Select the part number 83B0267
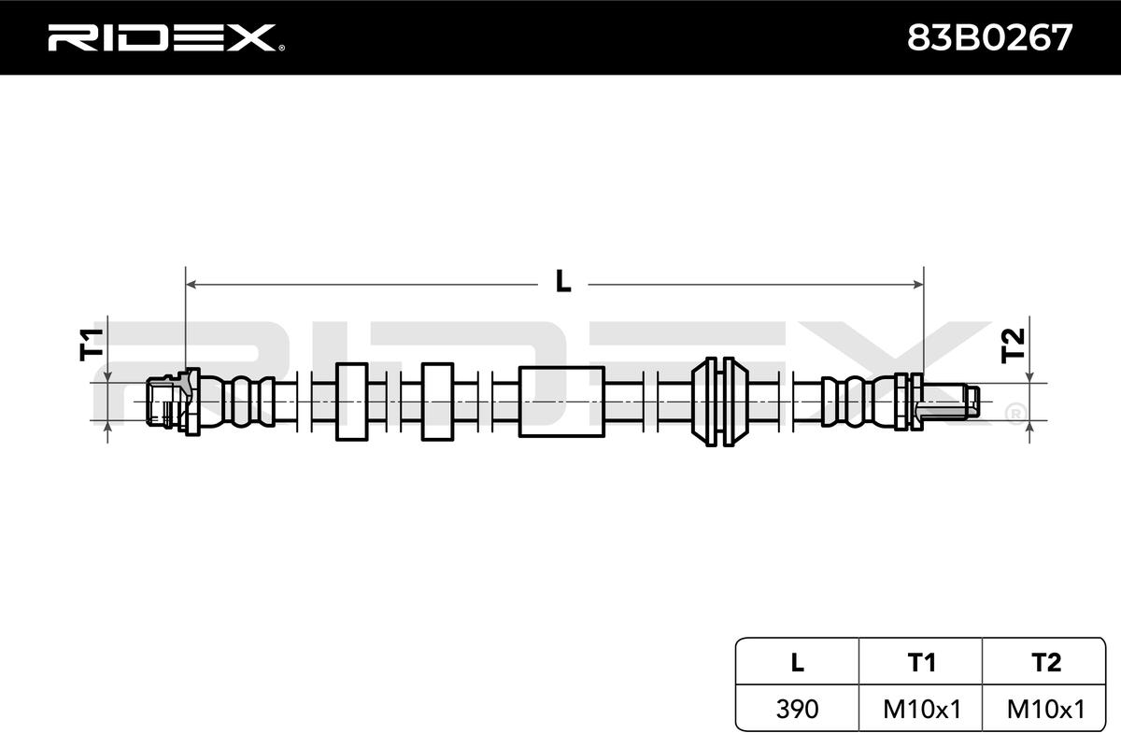[990, 38]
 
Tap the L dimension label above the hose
[563, 281]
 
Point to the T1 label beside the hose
[92, 345]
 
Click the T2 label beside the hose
[1013, 345]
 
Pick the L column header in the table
[798, 662]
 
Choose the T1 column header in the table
[921, 662]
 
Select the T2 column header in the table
[1045, 662]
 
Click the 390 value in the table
[797, 709]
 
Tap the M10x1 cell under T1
[922, 709]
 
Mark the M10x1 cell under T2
[1046, 709]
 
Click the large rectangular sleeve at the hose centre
[561, 402]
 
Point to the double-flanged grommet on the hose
[720, 402]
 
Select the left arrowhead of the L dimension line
[191, 285]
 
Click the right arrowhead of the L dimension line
[918, 285]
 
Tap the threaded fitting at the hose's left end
[172, 402]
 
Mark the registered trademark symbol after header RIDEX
[281, 48]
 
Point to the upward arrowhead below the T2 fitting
[1029, 426]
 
